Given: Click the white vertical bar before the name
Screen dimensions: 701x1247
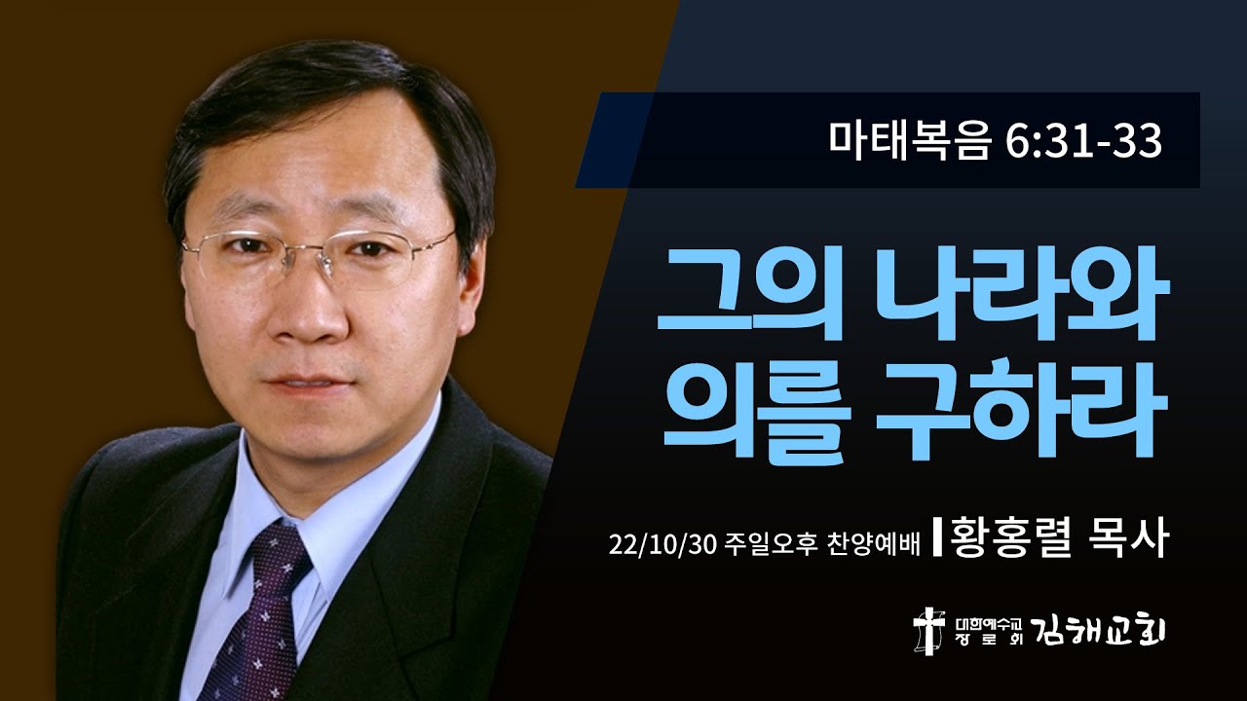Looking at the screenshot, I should tap(936, 541).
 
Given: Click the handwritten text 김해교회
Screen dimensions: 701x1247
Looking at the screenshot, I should tap(1112, 631).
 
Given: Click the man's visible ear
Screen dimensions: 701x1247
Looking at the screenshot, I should tap(476, 282).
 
